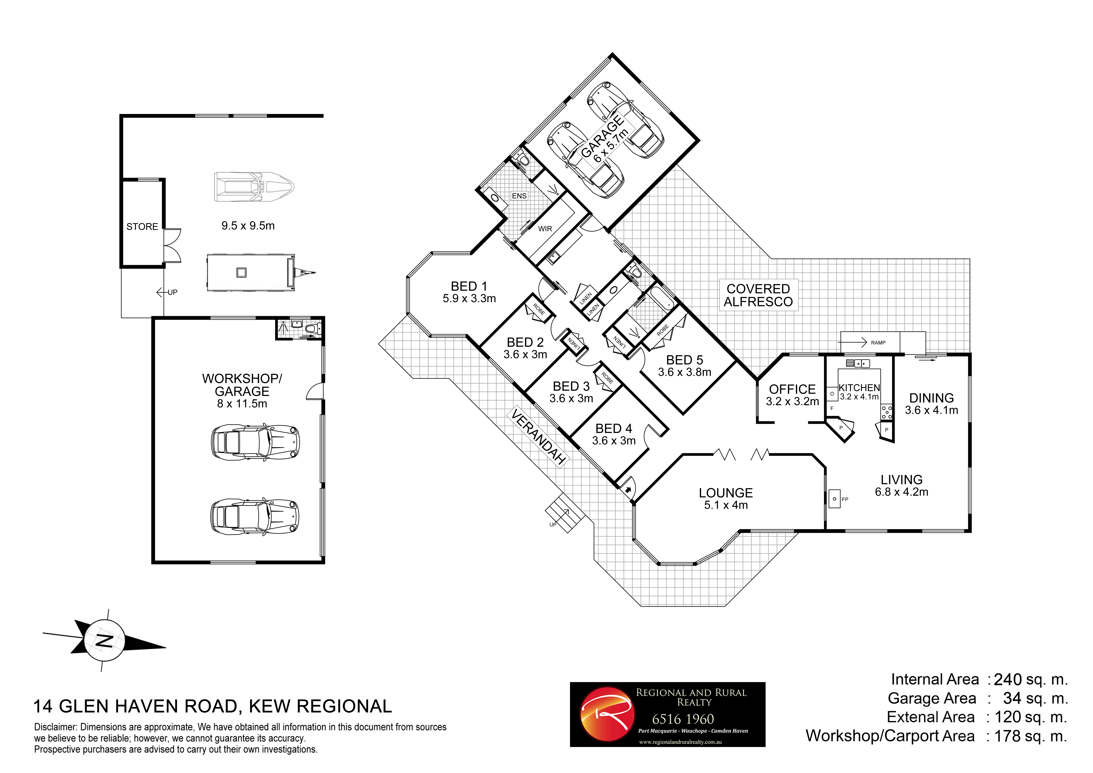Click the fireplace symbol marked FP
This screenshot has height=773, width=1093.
pos(835,499)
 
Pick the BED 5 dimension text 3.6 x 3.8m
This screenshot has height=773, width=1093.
pos(684,372)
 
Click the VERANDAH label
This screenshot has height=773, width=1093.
pos(538,436)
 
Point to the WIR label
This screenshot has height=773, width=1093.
pos(545,228)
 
